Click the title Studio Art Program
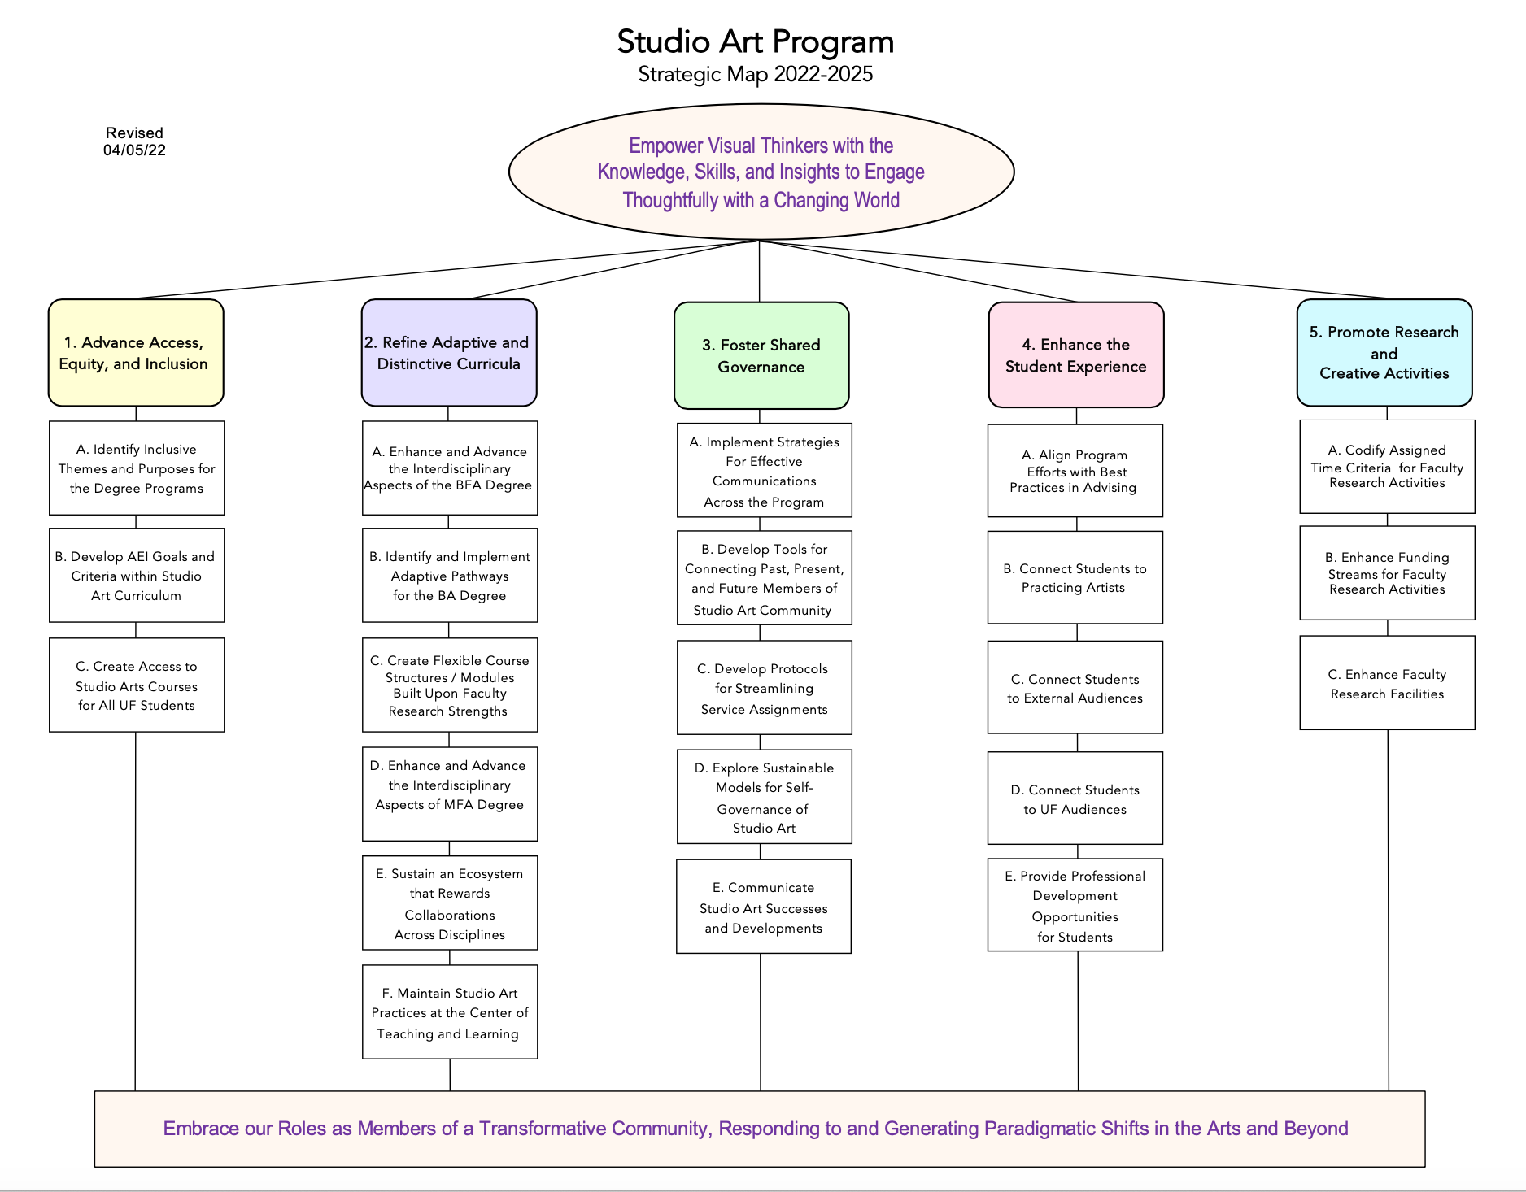click(x=755, y=42)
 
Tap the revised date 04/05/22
click(x=134, y=150)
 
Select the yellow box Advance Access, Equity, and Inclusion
click(x=136, y=353)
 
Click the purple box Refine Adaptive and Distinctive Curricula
click(x=449, y=353)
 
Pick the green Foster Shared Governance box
click(x=761, y=355)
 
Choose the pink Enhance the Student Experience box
click(x=1076, y=355)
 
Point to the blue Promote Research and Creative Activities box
click(x=1384, y=353)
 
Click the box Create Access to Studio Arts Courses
click(x=137, y=685)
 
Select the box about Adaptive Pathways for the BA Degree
click(x=450, y=576)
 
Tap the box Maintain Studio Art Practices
click(x=450, y=1012)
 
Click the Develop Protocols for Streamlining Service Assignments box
click(x=765, y=688)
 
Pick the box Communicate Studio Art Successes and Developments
click(x=764, y=907)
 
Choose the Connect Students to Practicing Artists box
click(x=1075, y=577)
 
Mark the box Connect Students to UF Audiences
click(x=1075, y=798)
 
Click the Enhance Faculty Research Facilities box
click(x=1388, y=683)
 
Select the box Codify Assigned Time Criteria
click(x=1388, y=467)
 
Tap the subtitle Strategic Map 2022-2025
click(x=756, y=75)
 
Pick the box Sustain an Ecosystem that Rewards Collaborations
click(x=450, y=903)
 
